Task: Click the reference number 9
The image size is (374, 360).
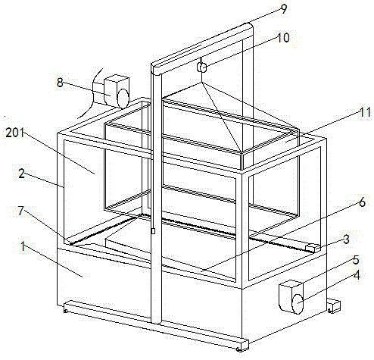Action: pos(283,9)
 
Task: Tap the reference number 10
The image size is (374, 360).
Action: pos(283,38)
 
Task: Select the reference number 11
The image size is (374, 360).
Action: pos(365,112)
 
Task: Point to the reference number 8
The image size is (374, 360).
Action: pos(60,83)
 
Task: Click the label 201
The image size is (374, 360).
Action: pos(15,133)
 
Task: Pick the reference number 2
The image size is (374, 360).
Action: pos(22,174)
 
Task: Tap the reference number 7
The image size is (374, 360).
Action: pos(20,211)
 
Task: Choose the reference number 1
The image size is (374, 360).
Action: pos(23,246)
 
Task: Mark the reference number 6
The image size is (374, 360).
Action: pos(362,202)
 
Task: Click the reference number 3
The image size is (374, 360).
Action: pos(346,239)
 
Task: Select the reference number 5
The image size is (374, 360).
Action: pos(356,260)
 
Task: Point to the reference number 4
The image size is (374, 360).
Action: pos(357,275)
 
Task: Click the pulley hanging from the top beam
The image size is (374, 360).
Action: pos(202,67)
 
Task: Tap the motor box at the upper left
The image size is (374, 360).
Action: pos(117,91)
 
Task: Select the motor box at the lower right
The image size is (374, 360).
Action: pos(291,296)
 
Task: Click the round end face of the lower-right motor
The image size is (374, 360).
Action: pos(298,304)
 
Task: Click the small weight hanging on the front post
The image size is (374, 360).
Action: pos(153,231)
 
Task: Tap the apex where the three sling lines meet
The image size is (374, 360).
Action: pos(201,83)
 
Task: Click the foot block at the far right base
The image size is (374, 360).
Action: pos(334,306)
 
